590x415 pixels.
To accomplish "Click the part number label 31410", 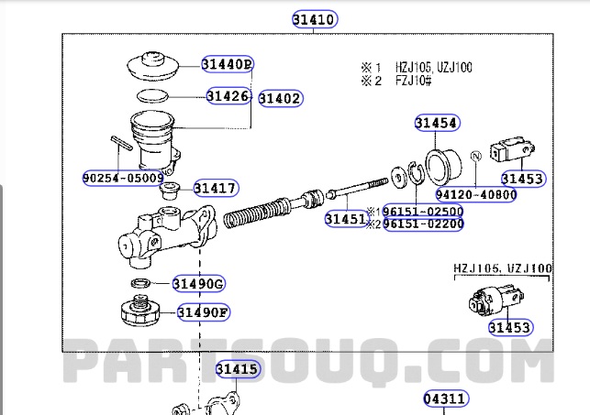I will [314, 18].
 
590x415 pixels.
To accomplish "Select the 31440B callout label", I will [228, 64].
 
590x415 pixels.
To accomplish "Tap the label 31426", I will [228, 94].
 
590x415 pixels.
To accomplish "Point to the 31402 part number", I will [279, 98].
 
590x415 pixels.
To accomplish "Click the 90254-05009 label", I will [123, 177].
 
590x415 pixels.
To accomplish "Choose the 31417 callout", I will [216, 189].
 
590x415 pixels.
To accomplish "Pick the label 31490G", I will [199, 284].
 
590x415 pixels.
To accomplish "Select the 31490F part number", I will [203, 312].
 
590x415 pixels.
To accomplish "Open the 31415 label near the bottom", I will [238, 369].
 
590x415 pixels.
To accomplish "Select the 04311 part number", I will [445, 399].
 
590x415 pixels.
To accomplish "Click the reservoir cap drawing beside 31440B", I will [155, 67].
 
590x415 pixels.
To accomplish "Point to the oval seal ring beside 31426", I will [155, 94].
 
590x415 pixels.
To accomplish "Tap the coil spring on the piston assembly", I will [250, 214].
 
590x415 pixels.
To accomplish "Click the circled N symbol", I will [475, 158].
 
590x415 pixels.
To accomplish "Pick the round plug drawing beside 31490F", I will [140, 311].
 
